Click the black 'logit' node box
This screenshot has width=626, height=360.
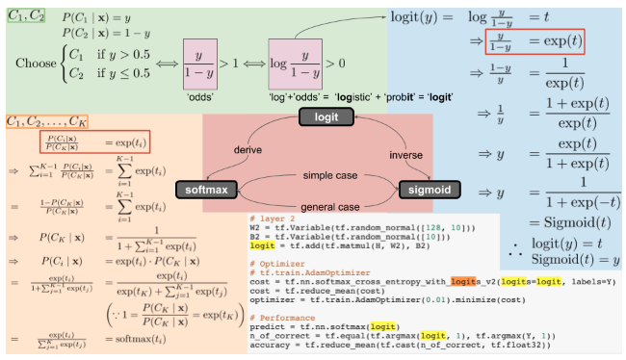320,117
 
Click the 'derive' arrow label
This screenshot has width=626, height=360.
248,151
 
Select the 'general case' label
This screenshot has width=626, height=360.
320,205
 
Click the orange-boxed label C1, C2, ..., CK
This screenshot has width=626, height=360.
47,122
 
